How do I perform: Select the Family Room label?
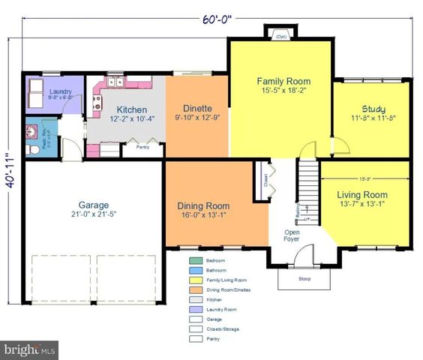pyautogui.click(x=283, y=81)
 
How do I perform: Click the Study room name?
pyautogui.click(x=373, y=109)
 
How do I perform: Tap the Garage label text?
pyautogui.click(x=94, y=205)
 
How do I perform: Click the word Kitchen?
pyautogui.click(x=130, y=109)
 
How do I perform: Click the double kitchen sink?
pyautogui.click(x=115, y=82)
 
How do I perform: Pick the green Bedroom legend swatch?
pyautogui.click(x=193, y=260)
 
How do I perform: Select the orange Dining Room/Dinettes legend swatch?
pyautogui.click(x=193, y=289)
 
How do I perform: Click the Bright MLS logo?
pyautogui.click(x=30, y=349)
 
